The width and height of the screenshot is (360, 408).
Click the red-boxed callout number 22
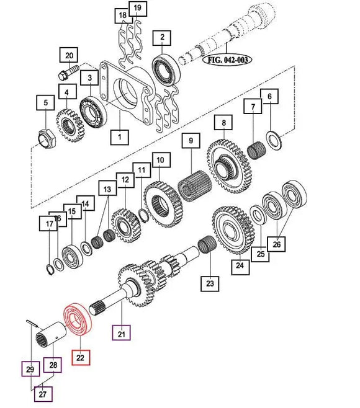click(81, 357)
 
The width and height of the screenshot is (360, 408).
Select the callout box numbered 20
click(68, 55)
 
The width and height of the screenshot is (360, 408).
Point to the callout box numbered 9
click(191, 142)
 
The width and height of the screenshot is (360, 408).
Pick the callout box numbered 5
click(44, 102)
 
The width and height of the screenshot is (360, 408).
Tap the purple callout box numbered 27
click(44, 393)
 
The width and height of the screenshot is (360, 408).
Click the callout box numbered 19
click(138, 9)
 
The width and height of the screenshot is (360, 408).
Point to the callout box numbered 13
click(107, 189)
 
